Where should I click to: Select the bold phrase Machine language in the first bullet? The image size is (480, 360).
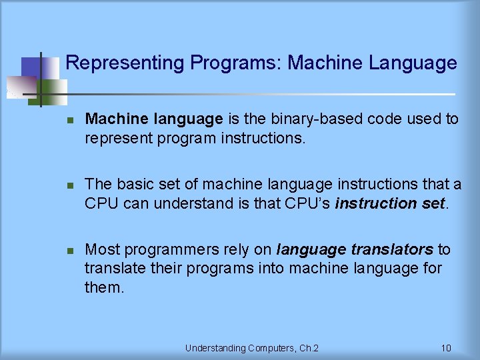pyautogui.click(x=154, y=119)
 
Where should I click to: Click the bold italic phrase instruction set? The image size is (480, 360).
pyautogui.click(x=390, y=203)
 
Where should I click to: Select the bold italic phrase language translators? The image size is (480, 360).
pyautogui.click(x=355, y=250)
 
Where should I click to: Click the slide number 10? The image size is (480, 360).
pyautogui.click(x=446, y=348)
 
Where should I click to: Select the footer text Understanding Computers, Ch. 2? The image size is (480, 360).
pyautogui.click(x=251, y=348)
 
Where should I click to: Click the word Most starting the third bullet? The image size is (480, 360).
pyautogui.click(x=102, y=250)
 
